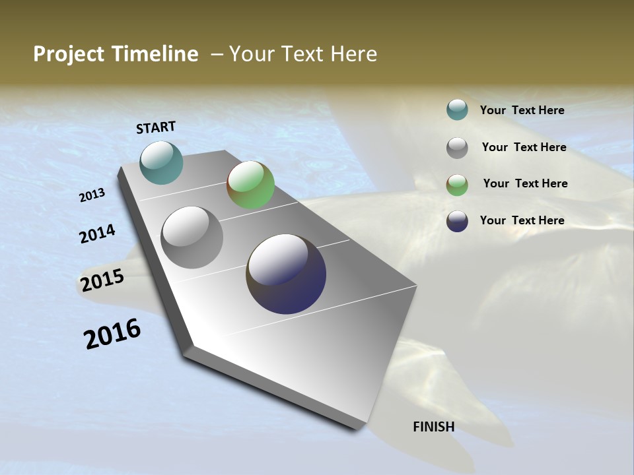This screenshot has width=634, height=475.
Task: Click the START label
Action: [156, 127]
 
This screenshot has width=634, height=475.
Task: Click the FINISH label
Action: [433, 427]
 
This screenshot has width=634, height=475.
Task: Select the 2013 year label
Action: [92, 195]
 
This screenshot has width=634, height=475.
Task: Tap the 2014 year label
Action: [97, 234]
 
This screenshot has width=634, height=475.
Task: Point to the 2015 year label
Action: [102, 280]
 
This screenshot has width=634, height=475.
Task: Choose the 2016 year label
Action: [112, 334]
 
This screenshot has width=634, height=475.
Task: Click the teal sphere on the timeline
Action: [161, 162]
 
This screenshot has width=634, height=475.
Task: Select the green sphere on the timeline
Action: [250, 185]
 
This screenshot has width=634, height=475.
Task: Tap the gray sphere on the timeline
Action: [192, 237]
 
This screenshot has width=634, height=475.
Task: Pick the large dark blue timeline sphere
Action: [286, 274]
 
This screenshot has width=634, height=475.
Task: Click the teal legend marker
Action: [457, 110]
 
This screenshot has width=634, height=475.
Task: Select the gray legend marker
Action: [457, 148]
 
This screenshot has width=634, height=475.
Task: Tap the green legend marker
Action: [457, 185]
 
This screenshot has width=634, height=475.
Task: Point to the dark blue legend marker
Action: [457, 221]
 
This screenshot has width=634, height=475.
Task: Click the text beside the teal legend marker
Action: [522, 110]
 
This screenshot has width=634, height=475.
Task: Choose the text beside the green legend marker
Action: [525, 183]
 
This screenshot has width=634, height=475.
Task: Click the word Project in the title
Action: [69, 54]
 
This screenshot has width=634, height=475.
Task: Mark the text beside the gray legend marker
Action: [524, 147]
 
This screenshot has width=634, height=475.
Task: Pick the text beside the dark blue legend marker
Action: [522, 220]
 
